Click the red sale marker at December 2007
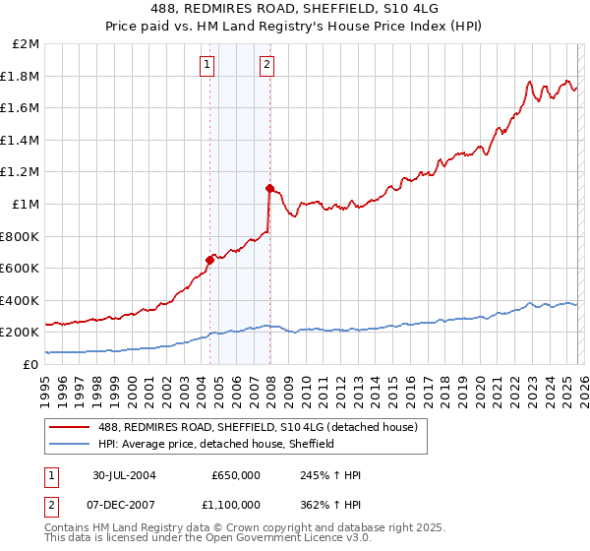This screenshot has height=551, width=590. (268, 187)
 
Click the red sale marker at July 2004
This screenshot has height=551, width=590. (209, 260)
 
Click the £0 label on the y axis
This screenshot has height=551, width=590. (30, 364)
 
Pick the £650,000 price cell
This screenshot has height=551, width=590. (236, 475)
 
